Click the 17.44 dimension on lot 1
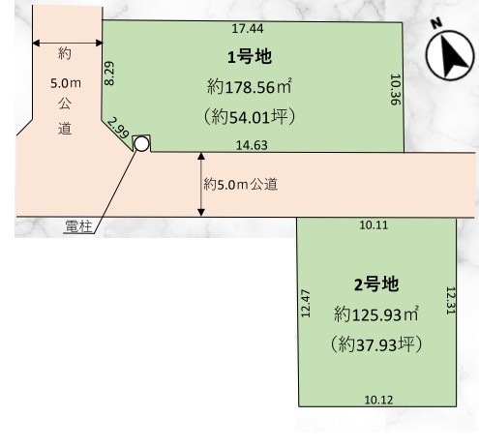click(x=248, y=28)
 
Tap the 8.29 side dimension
click(x=109, y=74)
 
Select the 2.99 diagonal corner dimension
click(x=118, y=128)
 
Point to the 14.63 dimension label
click(x=252, y=145)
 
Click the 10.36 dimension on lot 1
click(x=395, y=89)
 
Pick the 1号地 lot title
click(x=250, y=57)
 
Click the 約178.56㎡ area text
click(x=250, y=86)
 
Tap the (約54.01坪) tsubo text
click(x=250, y=116)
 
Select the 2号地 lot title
click(x=376, y=284)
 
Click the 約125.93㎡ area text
click(x=376, y=314)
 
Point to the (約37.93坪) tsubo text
click(x=376, y=344)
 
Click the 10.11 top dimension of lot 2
click(x=374, y=225)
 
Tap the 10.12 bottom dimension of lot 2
click(x=378, y=400)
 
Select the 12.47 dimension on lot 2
click(x=305, y=303)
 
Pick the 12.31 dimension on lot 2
click(x=450, y=301)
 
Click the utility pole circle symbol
click(x=141, y=144)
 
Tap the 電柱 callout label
click(x=78, y=226)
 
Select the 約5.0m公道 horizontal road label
click(x=241, y=185)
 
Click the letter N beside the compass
click(x=436, y=23)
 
